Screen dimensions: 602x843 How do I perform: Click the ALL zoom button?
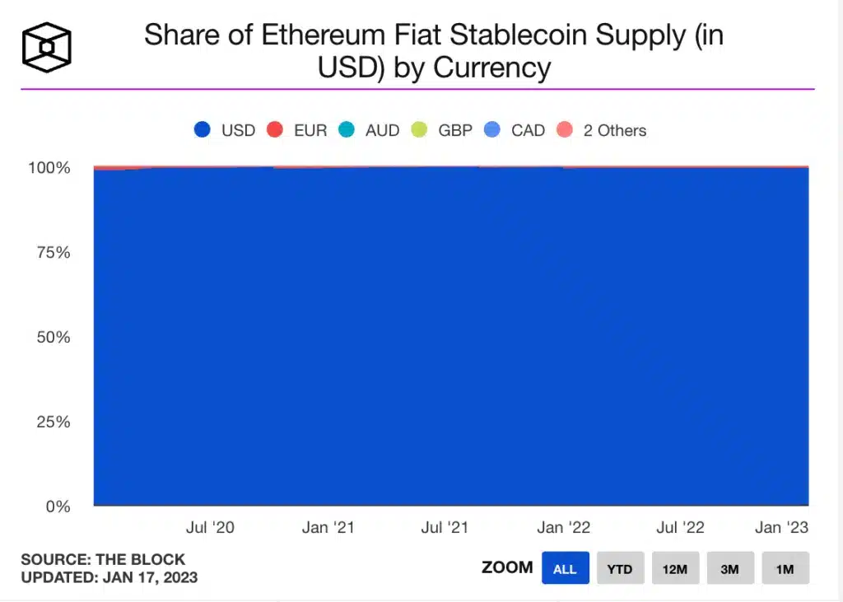tap(565, 568)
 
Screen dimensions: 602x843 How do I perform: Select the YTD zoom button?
tap(620, 568)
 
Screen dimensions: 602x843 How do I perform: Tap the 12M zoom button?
tap(675, 568)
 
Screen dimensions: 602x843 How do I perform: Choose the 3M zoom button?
tap(730, 568)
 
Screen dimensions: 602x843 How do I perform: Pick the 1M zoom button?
tap(785, 568)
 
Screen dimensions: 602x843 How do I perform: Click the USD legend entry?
tap(225, 130)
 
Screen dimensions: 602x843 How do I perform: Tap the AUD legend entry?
tap(369, 130)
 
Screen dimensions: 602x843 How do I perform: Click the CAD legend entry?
tap(515, 130)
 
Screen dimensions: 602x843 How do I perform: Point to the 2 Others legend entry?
tap(601, 130)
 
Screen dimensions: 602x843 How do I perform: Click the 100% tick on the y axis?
tap(50, 168)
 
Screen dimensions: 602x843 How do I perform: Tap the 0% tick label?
tap(58, 506)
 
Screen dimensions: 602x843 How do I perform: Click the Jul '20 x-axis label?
tap(211, 528)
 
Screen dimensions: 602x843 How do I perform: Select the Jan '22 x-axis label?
tap(563, 528)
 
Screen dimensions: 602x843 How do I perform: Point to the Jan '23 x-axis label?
tap(781, 528)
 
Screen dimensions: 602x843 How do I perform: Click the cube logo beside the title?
tap(47, 47)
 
